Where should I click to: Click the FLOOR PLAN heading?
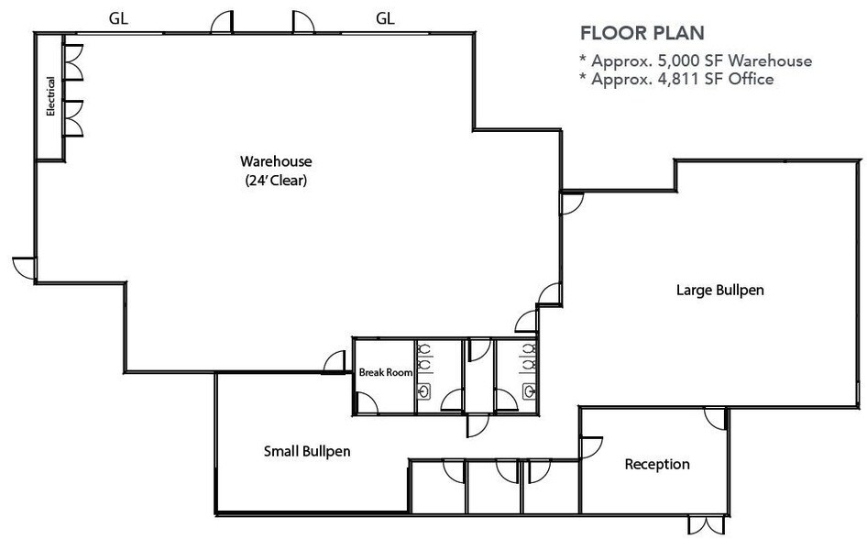(x=642, y=34)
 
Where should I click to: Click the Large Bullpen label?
(x=719, y=291)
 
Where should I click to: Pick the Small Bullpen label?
(x=307, y=451)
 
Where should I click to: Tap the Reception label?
(x=656, y=464)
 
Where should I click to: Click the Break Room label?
(x=385, y=372)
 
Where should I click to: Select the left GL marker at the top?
(x=118, y=17)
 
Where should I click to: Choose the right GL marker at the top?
(x=386, y=17)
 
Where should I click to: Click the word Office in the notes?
(x=751, y=80)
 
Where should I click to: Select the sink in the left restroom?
(x=425, y=390)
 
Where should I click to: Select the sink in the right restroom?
(x=531, y=390)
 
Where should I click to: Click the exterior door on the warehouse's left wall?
(x=25, y=267)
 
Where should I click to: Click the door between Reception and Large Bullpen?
(x=716, y=417)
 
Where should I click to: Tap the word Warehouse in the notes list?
(x=772, y=61)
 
